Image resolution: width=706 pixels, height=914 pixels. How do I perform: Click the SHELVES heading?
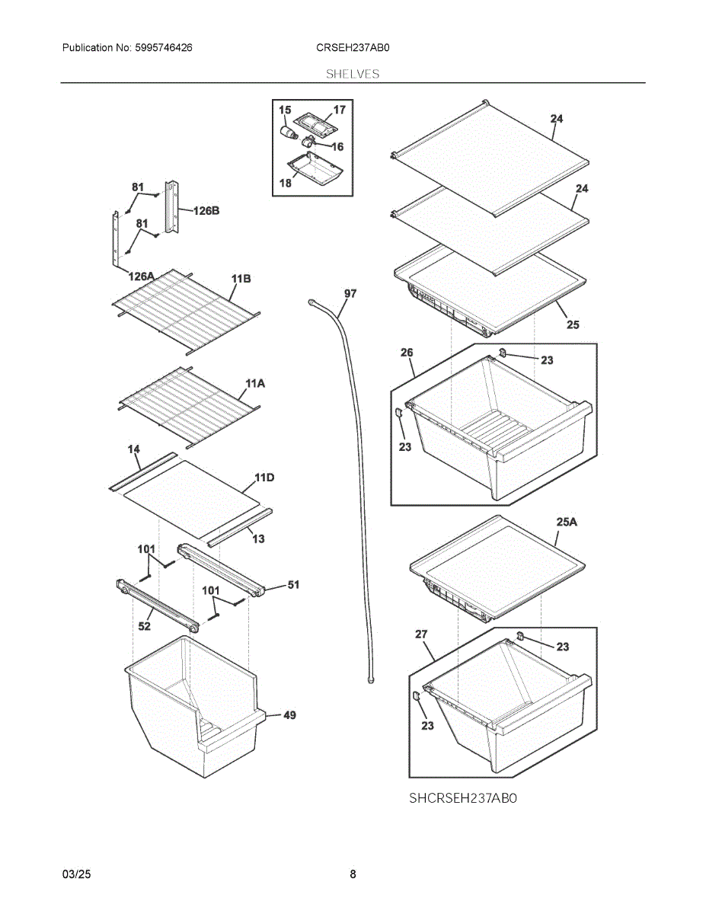(353, 74)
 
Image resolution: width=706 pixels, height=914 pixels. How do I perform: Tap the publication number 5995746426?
(164, 48)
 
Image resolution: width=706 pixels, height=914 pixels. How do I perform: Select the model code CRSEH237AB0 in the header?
(353, 48)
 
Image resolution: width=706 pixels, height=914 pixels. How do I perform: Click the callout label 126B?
(206, 211)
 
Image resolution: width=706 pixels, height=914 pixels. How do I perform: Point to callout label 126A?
(142, 276)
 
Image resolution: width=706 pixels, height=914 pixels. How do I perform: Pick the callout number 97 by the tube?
(350, 293)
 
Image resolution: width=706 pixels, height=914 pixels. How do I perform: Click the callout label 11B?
(241, 279)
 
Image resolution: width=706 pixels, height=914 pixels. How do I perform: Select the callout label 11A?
(255, 384)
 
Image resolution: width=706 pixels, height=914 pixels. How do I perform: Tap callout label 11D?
(264, 478)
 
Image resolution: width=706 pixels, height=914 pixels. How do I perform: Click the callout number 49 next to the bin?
(289, 715)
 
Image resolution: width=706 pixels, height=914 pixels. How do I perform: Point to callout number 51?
(293, 585)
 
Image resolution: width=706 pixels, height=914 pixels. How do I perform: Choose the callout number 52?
(144, 626)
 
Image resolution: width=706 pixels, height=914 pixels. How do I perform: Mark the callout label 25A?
(567, 522)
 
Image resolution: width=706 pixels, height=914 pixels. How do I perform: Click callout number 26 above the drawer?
(407, 353)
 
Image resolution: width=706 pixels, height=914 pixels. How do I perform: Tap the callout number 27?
(421, 634)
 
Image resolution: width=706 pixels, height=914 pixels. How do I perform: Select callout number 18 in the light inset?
(285, 184)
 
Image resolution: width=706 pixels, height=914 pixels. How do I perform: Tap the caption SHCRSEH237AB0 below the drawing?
(463, 798)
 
